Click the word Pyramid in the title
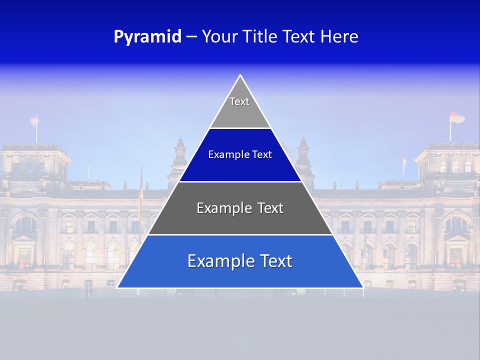(147, 37)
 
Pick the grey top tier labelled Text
(240, 107)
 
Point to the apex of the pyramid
(240, 75)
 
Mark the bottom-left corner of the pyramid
(117, 287)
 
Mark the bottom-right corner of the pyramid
(363, 287)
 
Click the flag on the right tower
(456, 118)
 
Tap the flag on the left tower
(35, 119)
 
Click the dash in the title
(191, 37)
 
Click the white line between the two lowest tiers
(240, 234)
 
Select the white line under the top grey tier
(240, 128)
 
